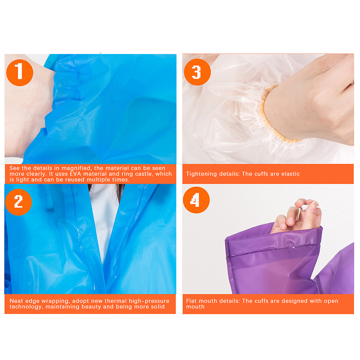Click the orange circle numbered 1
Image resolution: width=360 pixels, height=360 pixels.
pos(20,72)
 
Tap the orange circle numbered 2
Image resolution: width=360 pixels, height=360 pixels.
pos(18,202)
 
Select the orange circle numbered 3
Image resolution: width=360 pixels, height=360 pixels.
pos(197,72)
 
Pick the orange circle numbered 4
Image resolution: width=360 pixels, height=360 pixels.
pos(196,200)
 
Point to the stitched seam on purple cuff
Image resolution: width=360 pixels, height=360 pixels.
pos(273,250)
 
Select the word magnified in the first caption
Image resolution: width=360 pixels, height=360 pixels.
pos(76,168)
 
